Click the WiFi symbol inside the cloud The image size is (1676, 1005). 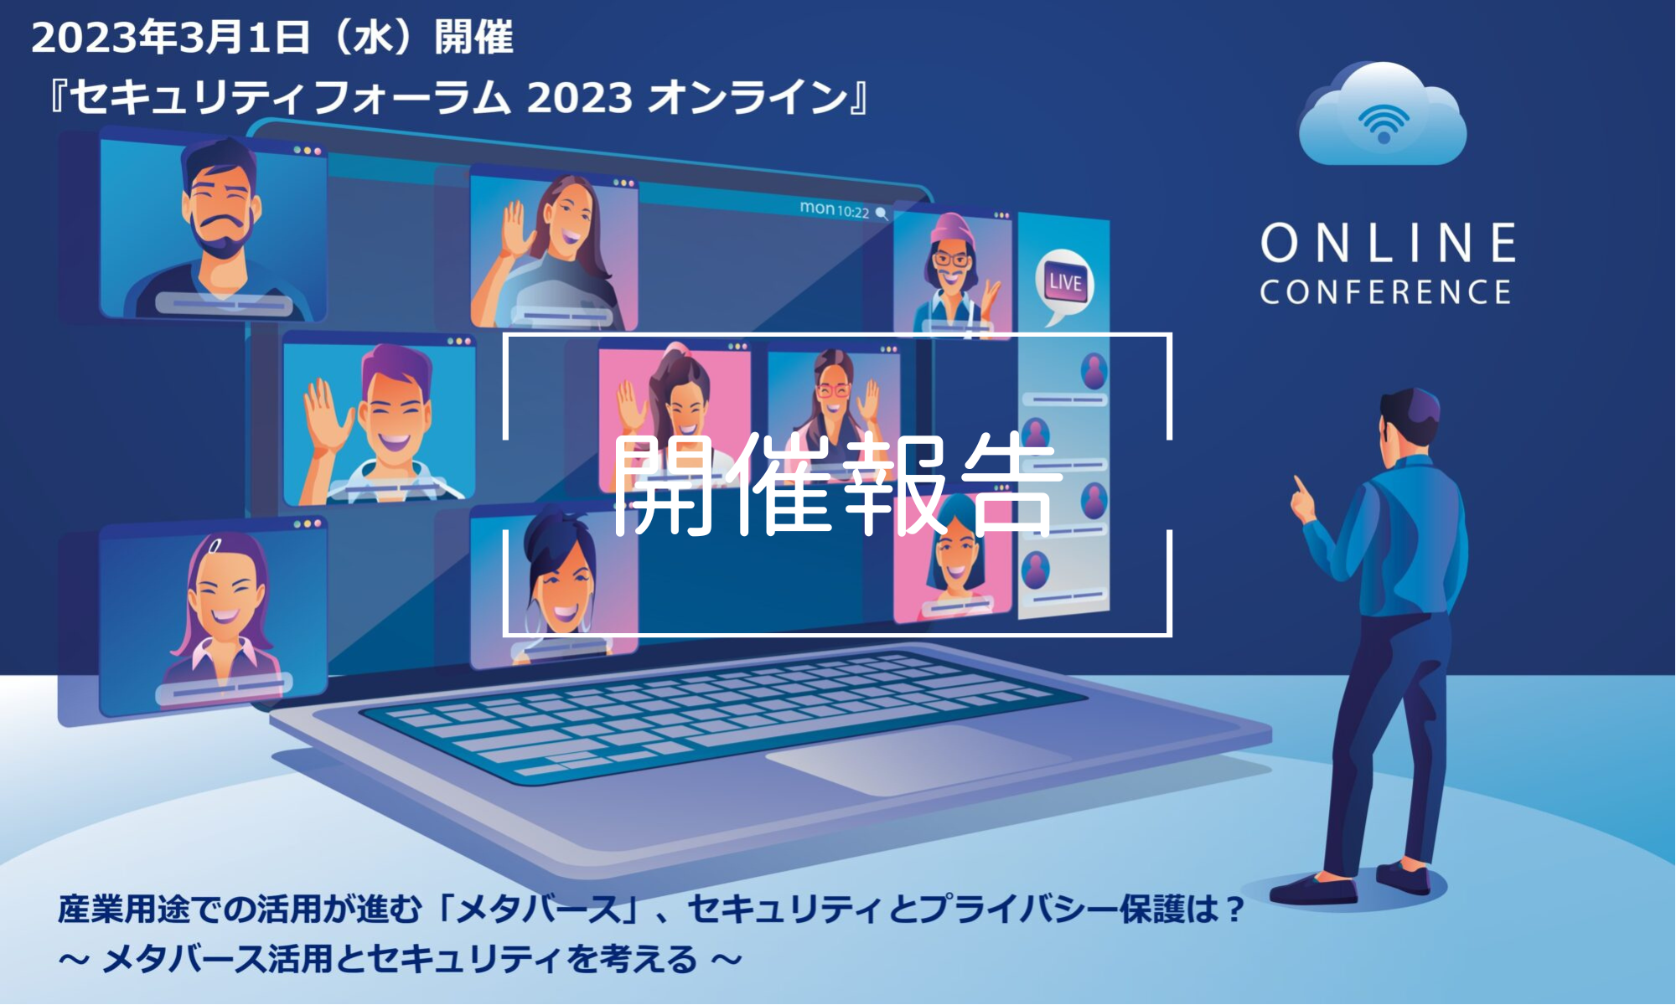pyautogui.click(x=1384, y=123)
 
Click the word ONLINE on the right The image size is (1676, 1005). pyautogui.click(x=1388, y=243)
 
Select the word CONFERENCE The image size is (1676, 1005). pyautogui.click(x=1385, y=292)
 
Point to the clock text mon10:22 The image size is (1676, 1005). pyautogui.click(x=834, y=209)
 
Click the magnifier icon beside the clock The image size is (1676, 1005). pyautogui.click(x=882, y=214)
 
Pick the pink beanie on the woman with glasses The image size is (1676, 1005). pyautogui.click(x=953, y=229)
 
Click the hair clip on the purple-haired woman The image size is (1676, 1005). pyautogui.click(x=215, y=545)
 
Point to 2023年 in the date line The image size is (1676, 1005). pyautogui.click(x=101, y=37)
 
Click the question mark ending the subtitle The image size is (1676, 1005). pyautogui.click(x=1234, y=910)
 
